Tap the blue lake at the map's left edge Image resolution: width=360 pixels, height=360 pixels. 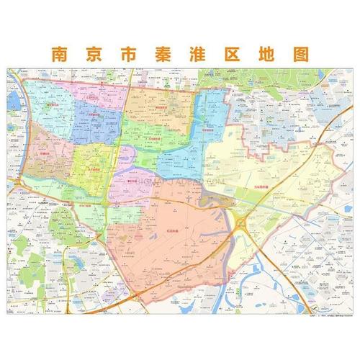coord(14,101)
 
